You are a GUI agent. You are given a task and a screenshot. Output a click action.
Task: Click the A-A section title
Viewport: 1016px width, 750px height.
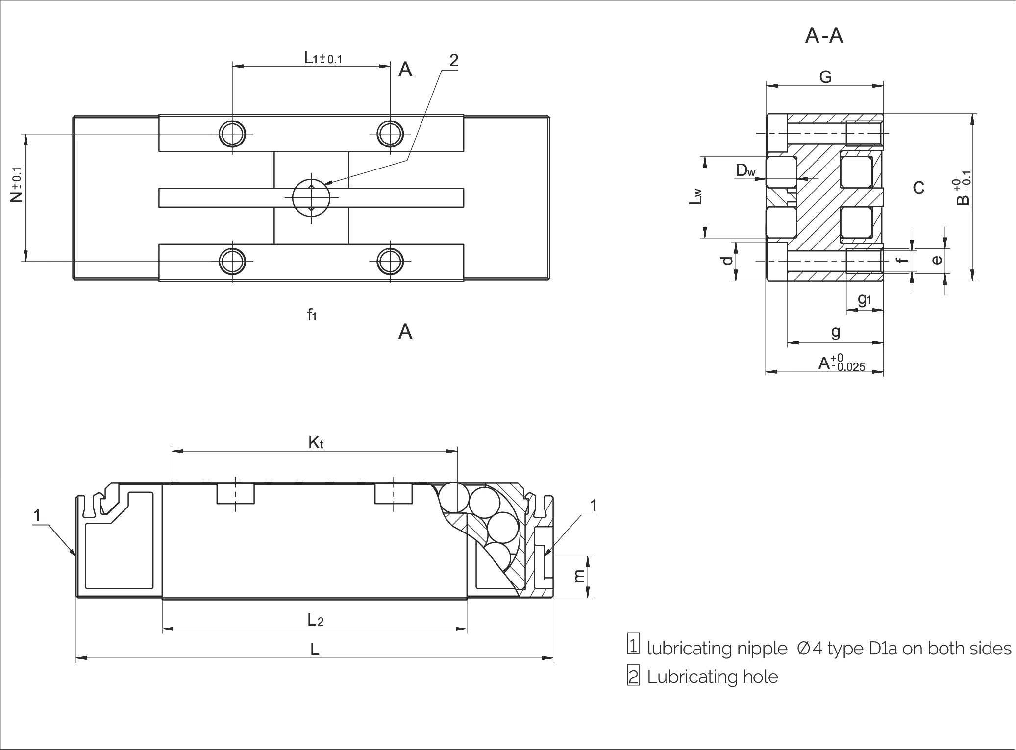coord(824,36)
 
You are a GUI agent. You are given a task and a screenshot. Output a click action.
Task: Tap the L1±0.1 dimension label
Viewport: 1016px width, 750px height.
coord(323,58)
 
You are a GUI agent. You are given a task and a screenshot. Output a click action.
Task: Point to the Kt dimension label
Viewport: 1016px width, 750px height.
coord(316,443)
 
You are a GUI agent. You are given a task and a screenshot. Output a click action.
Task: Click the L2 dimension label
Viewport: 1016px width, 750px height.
coord(316,620)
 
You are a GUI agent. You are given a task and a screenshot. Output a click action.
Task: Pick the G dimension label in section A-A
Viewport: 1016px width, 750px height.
coord(825,77)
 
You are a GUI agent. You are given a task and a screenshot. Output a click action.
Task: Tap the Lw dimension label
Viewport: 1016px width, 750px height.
coord(696,196)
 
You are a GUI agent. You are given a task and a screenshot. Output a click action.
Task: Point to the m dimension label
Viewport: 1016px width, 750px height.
coord(580,577)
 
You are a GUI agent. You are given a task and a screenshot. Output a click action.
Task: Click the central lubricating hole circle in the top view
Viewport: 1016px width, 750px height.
coord(311,198)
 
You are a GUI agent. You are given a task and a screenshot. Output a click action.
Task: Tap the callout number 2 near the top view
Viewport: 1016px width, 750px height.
coord(454,61)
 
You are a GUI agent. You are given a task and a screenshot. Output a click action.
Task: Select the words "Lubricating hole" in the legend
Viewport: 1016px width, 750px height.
coord(713,677)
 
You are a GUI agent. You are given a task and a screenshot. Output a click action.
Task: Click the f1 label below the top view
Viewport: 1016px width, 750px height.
coord(312,315)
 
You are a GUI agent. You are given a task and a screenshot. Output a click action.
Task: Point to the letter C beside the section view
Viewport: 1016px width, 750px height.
coord(918,188)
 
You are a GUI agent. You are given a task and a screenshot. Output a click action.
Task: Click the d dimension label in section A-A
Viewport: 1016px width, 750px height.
coord(728,260)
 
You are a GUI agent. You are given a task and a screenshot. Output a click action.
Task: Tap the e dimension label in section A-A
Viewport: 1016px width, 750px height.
coord(937,260)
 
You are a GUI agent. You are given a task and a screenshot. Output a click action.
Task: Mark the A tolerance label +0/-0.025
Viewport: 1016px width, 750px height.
coord(842,363)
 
